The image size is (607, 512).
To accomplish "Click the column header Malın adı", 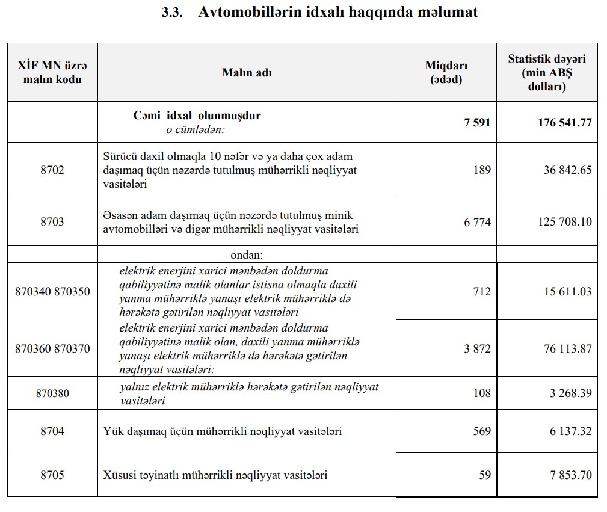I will (247, 72).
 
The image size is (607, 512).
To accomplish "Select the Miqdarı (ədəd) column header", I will (446, 72).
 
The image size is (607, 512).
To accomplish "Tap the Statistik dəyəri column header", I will (546, 72).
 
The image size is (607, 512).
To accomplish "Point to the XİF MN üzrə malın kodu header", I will (52, 72).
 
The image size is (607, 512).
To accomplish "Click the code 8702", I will (52, 170).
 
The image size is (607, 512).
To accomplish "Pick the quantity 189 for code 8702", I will (482, 170).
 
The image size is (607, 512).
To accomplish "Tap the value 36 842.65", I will (567, 170).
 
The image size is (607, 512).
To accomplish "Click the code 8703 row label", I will (52, 222).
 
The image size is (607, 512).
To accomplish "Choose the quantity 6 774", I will (477, 222).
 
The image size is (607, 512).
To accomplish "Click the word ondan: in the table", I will (247, 254).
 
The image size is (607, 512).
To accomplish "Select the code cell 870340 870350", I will (52, 292).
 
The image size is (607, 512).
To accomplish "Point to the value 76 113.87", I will (567, 348).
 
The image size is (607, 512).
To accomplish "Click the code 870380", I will (52, 393).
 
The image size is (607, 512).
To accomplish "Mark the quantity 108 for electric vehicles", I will (482, 393).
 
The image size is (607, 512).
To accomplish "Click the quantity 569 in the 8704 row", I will (482, 431).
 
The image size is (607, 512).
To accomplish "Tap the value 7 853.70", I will (570, 475).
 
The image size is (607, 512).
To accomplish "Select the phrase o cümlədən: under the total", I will (195, 129).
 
